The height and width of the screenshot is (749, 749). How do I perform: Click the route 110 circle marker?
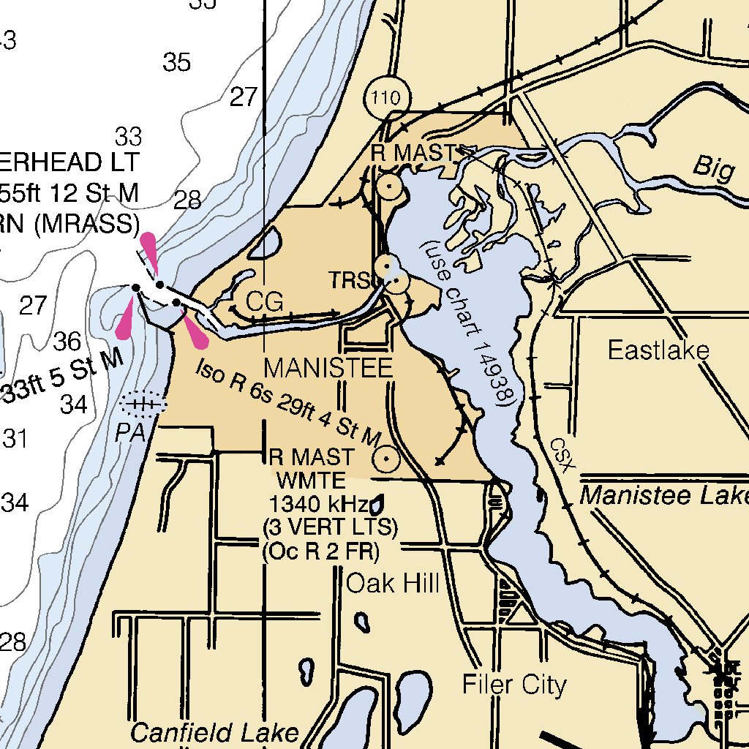tap(386, 97)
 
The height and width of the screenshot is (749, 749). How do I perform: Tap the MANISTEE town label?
tap(328, 368)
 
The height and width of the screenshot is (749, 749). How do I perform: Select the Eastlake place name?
tap(658, 350)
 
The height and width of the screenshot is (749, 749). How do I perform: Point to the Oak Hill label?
tap(392, 583)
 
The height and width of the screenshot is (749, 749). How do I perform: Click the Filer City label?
tap(514, 685)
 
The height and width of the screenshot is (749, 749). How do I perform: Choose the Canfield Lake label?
tap(214, 732)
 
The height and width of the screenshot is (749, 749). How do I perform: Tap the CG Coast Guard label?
tap(263, 301)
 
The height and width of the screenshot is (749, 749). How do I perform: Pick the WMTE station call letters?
tap(309, 481)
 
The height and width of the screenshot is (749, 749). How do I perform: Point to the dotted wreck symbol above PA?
tap(143, 403)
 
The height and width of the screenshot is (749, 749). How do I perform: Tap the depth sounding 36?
tap(67, 341)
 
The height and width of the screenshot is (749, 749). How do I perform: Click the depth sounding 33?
tap(128, 135)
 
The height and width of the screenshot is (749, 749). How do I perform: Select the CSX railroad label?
tap(561, 453)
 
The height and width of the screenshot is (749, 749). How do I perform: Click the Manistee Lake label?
tap(663, 496)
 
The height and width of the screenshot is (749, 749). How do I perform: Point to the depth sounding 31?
tap(14, 439)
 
